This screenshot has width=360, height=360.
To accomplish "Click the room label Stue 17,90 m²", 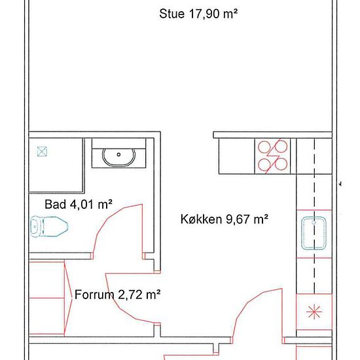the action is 198,14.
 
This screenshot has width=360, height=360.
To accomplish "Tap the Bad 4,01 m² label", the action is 79,204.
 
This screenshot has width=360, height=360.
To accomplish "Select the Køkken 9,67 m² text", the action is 225,219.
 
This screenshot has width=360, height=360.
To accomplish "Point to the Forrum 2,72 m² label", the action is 117,295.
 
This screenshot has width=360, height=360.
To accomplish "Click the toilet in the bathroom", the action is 49,226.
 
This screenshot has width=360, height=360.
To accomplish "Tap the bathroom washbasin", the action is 118,157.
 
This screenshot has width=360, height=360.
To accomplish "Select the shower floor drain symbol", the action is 42,152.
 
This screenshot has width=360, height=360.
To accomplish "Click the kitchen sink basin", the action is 314,233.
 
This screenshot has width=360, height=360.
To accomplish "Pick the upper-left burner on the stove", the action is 264,147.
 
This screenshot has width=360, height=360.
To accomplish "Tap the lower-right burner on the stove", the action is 281,164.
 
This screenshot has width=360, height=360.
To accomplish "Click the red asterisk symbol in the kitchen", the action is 314,312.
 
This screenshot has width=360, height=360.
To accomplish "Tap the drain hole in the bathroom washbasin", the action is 118,154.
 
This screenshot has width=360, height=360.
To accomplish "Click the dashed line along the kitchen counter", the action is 314,216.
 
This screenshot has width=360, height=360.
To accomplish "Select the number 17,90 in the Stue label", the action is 204,14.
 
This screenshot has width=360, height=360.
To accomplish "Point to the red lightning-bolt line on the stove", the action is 273,156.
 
